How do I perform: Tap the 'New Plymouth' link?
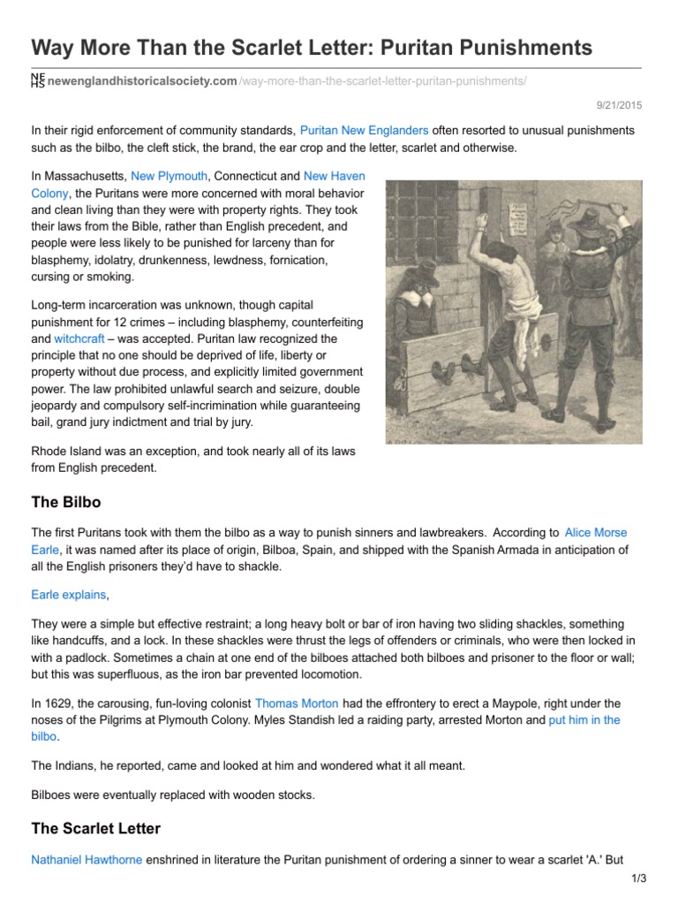pos(169,177)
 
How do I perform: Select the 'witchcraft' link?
pos(79,338)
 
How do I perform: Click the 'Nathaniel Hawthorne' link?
pos(87,859)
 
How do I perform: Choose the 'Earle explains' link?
pos(69,596)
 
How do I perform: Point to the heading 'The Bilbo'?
pos(66,502)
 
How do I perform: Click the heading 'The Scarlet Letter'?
pos(96,828)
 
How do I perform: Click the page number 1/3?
pos(639,878)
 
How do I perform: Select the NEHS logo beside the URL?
pos(37,81)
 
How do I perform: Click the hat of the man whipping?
pos(587,219)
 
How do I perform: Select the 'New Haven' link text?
pos(334,177)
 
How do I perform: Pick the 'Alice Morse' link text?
pos(596,533)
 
